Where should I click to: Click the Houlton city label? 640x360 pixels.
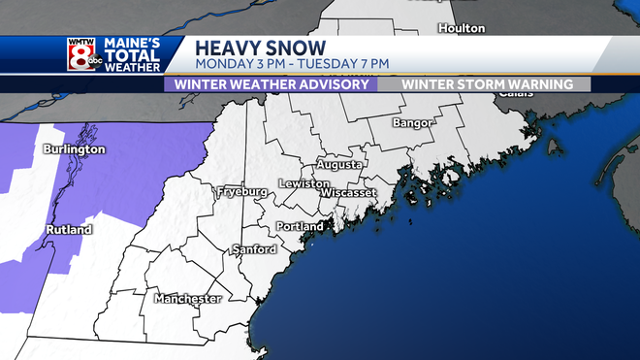click(461, 28)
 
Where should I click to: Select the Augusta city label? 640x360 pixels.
click(339, 165)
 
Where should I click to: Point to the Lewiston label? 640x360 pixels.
click(298, 183)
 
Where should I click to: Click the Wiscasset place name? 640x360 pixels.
click(347, 193)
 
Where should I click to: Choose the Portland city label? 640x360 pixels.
click(300, 226)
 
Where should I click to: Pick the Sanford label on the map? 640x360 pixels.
click(255, 249)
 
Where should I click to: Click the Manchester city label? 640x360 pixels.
click(187, 298)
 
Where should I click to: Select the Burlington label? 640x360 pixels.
click(74, 150)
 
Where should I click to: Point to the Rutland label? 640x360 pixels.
click(68, 230)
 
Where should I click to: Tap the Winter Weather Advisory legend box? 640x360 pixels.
click(272, 83)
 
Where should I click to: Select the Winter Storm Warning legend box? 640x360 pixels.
click(482, 83)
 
